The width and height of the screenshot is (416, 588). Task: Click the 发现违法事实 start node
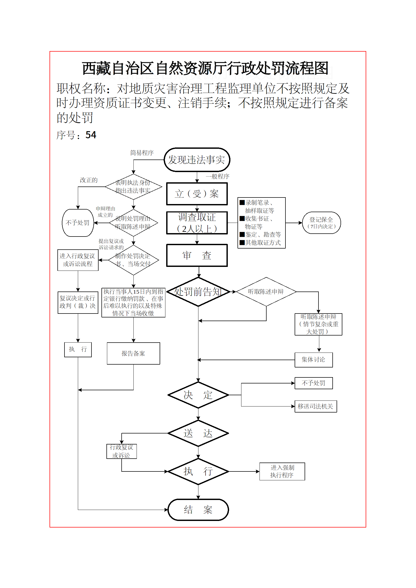[x=197, y=160]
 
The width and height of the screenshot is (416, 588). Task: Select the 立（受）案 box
[x=197, y=194]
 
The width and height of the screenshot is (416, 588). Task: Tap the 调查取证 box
[x=197, y=223]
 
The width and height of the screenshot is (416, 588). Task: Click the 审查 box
[x=197, y=255]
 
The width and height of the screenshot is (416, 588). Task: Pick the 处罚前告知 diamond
[x=198, y=292]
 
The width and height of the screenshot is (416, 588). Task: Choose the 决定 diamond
[x=198, y=395]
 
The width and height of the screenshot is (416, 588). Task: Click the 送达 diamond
[x=198, y=433]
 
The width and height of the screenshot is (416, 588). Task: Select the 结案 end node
[x=198, y=510]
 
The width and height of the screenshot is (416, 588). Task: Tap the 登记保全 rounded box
[x=321, y=223]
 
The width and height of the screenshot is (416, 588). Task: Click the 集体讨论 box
[x=314, y=360]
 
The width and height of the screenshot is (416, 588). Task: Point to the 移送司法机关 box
[x=316, y=406]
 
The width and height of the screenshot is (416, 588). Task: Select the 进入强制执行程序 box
[x=282, y=471]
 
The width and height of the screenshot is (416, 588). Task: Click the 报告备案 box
[x=133, y=353]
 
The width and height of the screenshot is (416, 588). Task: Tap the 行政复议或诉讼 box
[x=121, y=451]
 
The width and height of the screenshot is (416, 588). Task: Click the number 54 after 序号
[x=91, y=135]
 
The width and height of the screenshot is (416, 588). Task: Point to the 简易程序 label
[x=142, y=153]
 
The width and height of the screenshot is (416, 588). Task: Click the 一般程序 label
[x=217, y=177]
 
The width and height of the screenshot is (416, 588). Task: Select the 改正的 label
[x=89, y=180]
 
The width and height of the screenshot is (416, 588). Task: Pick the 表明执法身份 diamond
[x=133, y=187]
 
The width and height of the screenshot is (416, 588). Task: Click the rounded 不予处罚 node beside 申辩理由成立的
[x=78, y=223]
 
